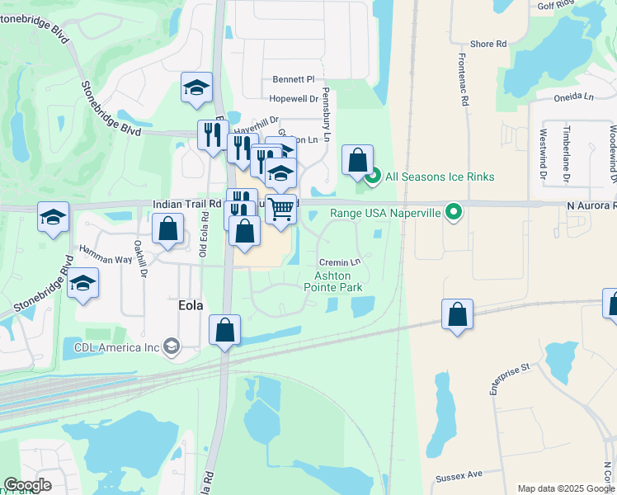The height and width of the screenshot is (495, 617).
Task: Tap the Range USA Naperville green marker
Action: (x=453, y=213)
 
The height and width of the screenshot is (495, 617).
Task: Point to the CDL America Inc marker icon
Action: (x=172, y=346)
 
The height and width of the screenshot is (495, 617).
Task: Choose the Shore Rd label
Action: (x=488, y=44)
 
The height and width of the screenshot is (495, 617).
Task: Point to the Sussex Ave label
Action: (x=463, y=475)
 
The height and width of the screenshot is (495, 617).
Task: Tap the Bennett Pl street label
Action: (x=294, y=80)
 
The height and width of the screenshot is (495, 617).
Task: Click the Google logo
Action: (x=27, y=485)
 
